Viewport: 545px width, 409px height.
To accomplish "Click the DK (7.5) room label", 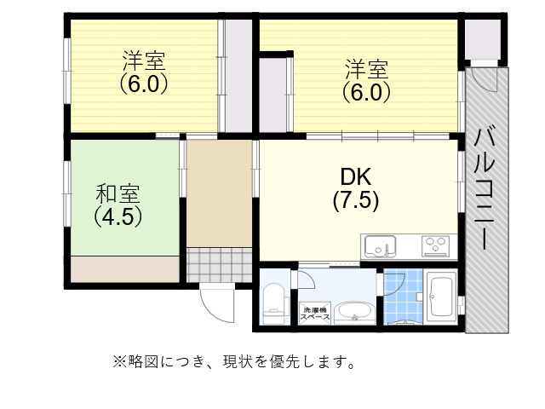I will click(x=356, y=189).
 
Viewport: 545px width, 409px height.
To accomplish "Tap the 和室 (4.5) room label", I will click(x=118, y=204).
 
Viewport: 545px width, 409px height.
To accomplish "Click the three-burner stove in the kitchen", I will click(x=436, y=246).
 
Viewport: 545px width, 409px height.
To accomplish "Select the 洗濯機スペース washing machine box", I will click(x=316, y=313).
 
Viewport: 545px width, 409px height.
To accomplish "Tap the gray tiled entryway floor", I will click(x=220, y=263).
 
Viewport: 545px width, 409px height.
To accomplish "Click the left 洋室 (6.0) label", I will click(x=143, y=73).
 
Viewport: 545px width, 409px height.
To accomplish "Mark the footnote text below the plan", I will click(x=234, y=362).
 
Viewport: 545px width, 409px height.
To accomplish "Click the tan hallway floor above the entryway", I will click(x=219, y=192).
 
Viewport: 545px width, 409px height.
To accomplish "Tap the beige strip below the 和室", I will click(x=125, y=268).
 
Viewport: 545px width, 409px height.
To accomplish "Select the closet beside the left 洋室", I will click(x=237, y=77).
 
